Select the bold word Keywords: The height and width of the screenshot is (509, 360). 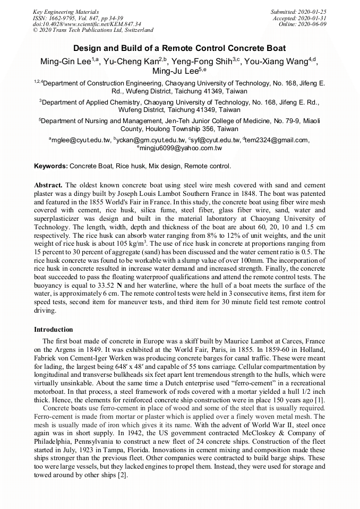point(50,166)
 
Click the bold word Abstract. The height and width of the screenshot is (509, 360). point(48,185)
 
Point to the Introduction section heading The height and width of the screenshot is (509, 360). point(54,330)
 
